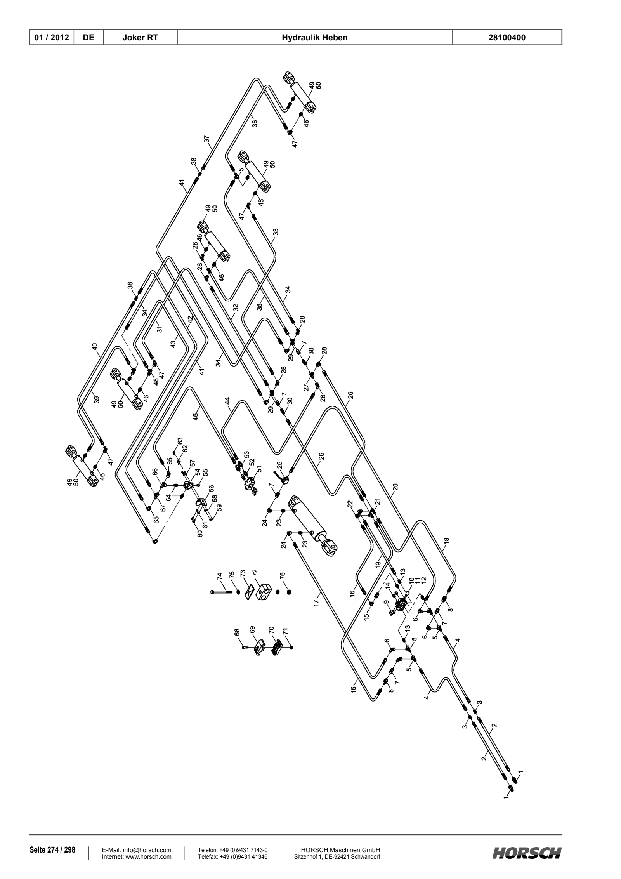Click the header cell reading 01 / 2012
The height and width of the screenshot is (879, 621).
pyautogui.click(x=52, y=38)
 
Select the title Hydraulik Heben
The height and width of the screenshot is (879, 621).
pyautogui.click(x=315, y=38)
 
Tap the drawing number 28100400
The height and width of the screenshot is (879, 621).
pyautogui.click(x=507, y=38)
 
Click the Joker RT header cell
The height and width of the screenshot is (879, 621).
pyautogui.click(x=140, y=38)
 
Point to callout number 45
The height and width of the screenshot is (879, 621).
pyautogui.click(x=196, y=416)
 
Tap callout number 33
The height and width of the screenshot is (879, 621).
pyautogui.click(x=276, y=232)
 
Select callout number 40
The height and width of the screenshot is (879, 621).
pyautogui.click(x=95, y=347)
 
